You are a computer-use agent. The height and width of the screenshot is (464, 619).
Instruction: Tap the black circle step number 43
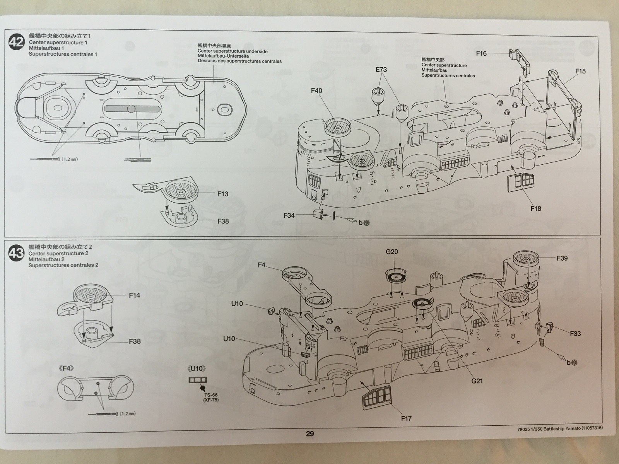[16, 254]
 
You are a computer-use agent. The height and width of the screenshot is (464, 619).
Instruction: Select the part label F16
[481, 53]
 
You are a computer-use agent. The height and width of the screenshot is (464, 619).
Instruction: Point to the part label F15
[580, 71]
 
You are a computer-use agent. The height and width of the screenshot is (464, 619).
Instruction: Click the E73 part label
[381, 70]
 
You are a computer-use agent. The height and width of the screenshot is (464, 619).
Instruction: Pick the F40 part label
[316, 91]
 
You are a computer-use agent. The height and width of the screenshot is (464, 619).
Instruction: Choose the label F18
[536, 208]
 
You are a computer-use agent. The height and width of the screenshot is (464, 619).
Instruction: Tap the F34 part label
[289, 215]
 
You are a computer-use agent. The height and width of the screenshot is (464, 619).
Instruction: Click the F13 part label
[223, 194]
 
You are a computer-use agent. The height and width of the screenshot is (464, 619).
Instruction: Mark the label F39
[562, 258]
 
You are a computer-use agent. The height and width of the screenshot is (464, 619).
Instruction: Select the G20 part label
[392, 252]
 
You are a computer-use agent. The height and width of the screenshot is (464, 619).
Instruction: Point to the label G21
[477, 381]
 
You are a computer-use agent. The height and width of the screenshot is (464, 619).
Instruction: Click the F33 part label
[575, 333]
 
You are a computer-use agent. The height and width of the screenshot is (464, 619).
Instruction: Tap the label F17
[406, 418]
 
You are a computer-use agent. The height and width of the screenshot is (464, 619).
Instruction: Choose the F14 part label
[135, 295]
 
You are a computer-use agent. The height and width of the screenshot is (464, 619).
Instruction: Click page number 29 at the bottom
[310, 433]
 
